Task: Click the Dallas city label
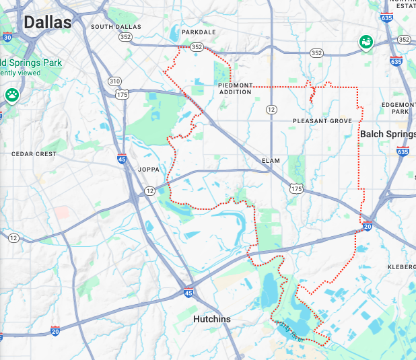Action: [47, 22]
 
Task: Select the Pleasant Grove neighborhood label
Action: [322, 121]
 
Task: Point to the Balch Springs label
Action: [387, 134]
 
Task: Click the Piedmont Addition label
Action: [235, 88]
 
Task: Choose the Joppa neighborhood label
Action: [148, 170]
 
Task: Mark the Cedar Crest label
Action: [34, 154]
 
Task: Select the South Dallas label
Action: [116, 27]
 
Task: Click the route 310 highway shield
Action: [115, 81]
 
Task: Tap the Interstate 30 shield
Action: [7, 38]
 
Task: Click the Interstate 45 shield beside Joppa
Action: [121, 159]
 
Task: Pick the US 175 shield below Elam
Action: [296, 190]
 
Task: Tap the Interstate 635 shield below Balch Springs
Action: [403, 151]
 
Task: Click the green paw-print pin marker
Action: [12, 95]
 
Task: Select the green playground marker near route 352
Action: [366, 42]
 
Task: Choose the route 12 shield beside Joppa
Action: [149, 191]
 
